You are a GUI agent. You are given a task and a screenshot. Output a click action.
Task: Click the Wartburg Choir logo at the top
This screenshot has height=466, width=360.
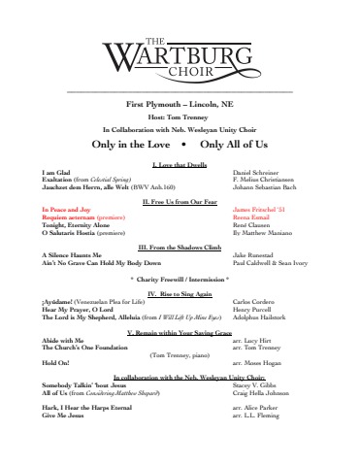(180, 44)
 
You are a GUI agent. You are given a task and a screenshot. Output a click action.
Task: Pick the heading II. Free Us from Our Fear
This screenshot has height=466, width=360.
(180, 198)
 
